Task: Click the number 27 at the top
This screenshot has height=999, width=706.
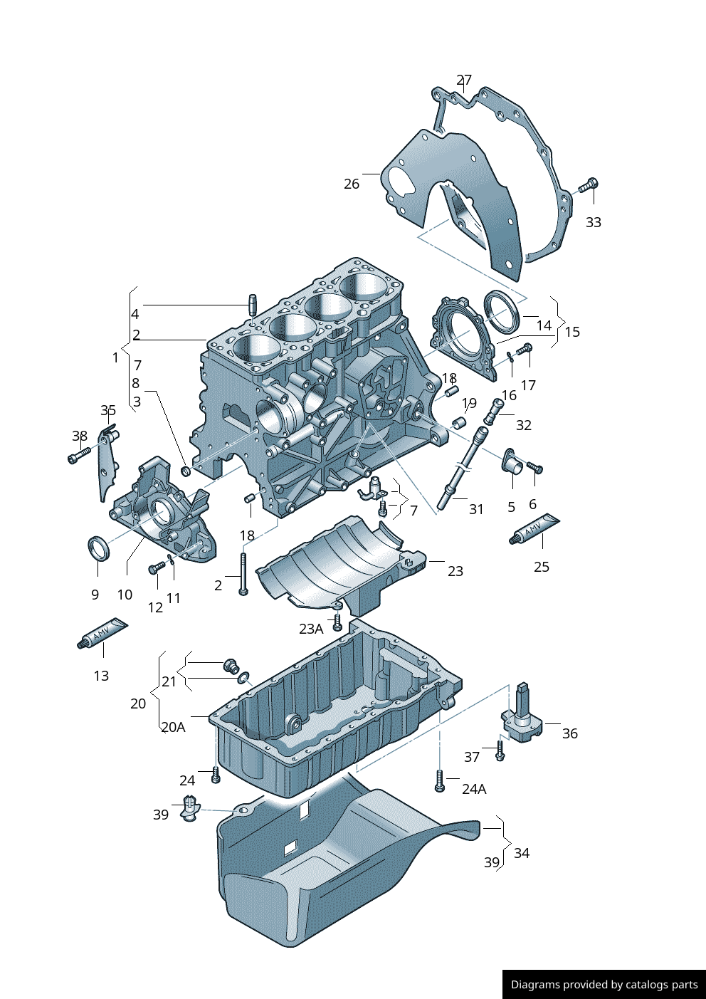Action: tap(464, 80)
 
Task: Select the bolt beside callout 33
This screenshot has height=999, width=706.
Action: tap(589, 186)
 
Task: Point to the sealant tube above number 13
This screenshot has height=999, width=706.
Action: tap(102, 633)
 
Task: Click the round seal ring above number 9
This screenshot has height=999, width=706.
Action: tap(98, 549)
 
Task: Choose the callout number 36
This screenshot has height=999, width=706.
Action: tap(569, 733)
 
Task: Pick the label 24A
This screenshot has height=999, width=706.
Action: tap(474, 789)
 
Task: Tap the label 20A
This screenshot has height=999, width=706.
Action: tap(173, 727)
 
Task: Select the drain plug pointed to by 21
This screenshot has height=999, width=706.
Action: tap(231, 666)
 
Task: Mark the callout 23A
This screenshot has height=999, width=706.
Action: tap(311, 629)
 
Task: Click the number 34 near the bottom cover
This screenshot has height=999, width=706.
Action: tap(522, 853)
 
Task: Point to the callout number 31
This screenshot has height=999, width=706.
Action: tap(476, 509)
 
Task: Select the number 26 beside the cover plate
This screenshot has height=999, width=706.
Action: tap(352, 184)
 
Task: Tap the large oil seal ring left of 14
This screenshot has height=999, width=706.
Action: tap(502, 310)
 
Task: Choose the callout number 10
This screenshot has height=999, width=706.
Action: tap(125, 595)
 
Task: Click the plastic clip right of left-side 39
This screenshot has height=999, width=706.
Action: tap(189, 808)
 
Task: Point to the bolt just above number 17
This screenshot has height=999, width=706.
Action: tap(525, 349)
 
